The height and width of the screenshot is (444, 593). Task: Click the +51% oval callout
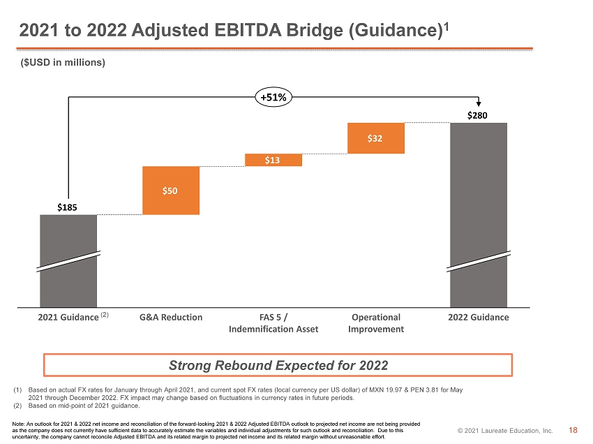point(273,97)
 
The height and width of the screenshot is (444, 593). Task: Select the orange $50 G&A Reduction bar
point(171,191)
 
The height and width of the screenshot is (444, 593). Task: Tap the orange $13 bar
point(273,160)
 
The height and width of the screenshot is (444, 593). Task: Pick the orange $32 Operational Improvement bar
point(376,138)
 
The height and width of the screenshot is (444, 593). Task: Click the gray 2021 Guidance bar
point(68,261)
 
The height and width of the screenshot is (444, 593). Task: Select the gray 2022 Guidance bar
point(479,215)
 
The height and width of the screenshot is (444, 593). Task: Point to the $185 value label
point(67,207)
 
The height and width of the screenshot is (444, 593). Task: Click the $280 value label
point(477,115)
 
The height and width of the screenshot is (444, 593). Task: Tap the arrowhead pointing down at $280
point(479,104)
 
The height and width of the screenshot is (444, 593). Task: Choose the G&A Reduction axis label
point(171,317)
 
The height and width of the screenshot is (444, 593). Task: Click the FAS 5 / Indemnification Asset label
point(273,323)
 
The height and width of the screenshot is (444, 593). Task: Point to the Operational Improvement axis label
point(376,323)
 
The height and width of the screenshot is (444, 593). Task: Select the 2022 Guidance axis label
point(479,317)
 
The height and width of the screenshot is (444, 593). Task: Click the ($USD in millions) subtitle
point(63,62)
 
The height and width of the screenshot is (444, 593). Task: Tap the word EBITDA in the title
point(248,30)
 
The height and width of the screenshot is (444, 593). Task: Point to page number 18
point(573,430)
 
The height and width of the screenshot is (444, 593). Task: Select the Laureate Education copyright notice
point(505,430)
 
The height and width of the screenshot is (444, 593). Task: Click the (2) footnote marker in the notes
point(17,406)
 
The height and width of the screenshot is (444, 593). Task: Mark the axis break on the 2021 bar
point(68,261)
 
